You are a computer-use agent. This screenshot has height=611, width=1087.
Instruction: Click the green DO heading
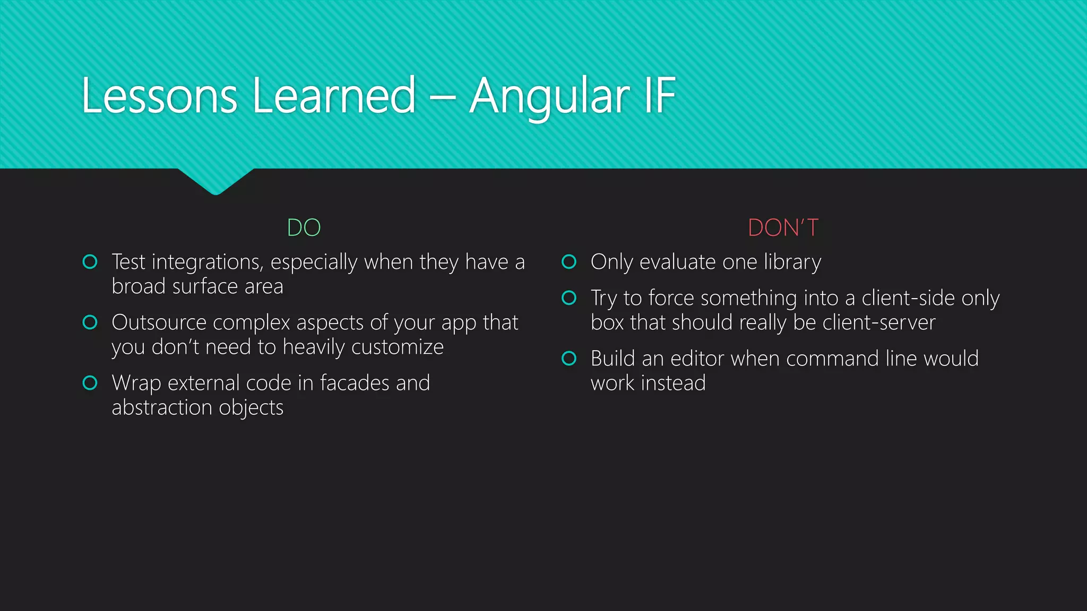point(304,228)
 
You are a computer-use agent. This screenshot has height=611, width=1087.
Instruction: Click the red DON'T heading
point(783,228)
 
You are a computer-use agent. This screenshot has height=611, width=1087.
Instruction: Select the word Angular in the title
point(549,97)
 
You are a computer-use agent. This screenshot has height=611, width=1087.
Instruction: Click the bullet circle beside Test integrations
point(90,261)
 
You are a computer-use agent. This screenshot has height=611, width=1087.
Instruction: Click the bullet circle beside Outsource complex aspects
point(90,322)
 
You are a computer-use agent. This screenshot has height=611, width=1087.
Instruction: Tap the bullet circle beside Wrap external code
point(90,382)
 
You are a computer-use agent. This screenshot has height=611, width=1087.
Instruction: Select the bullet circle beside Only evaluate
point(569,261)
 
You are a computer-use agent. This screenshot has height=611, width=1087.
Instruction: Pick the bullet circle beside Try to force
point(569,298)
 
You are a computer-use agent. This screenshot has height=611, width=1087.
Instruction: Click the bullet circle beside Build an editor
point(569,358)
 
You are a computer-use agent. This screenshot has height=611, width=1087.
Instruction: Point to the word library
point(792,263)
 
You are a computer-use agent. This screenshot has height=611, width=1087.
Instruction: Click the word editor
point(697,359)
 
